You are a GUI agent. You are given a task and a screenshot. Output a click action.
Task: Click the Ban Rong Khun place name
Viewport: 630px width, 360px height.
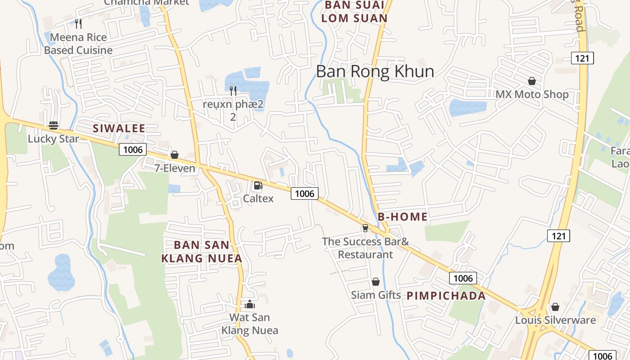tap(375, 72)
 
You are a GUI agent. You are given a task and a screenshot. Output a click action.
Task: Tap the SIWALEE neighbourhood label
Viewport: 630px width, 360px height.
tap(119, 128)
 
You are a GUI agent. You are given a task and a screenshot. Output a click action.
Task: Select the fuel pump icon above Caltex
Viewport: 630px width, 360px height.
tap(258, 185)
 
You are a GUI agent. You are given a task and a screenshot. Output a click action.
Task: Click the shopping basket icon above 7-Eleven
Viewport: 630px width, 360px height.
tap(175, 155)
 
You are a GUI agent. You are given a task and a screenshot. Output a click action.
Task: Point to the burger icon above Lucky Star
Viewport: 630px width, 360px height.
tap(54, 126)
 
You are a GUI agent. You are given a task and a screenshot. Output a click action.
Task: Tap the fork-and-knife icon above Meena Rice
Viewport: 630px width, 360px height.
tap(78, 23)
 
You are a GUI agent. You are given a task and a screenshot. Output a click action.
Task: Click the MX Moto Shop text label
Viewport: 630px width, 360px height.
tap(532, 94)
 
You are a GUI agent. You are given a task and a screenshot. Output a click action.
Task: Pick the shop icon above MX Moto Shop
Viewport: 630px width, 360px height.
tap(532, 81)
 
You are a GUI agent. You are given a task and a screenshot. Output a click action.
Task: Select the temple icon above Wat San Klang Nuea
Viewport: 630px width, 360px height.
tap(250, 304)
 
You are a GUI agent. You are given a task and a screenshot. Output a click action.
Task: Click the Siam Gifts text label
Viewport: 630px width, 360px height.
tap(376, 295)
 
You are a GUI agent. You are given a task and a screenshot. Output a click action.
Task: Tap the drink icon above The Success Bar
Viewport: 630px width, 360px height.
tap(365, 228)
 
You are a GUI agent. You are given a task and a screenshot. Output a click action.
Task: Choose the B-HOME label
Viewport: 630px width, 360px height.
tap(403, 217)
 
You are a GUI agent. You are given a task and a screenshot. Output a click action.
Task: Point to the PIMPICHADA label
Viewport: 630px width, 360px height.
tap(446, 296)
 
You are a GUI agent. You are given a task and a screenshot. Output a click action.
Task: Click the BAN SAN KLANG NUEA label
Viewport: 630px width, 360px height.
tap(202, 252)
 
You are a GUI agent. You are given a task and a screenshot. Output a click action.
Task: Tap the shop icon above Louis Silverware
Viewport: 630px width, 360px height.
tap(555, 307)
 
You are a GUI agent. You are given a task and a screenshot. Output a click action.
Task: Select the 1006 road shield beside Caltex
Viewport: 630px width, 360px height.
tap(305, 193)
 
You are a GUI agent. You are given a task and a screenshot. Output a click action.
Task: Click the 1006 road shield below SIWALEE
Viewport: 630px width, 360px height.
tap(133, 149)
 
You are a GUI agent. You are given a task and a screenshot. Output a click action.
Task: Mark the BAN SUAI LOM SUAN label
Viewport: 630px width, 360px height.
tap(355, 12)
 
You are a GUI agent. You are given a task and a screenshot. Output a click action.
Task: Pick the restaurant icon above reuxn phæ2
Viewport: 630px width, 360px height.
tap(233, 91)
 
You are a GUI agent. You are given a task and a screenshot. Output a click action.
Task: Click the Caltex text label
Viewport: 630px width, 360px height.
tap(258, 198)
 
